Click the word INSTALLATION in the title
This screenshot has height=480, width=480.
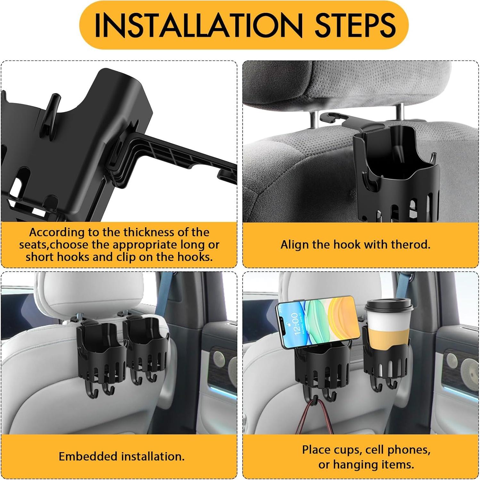[198, 25]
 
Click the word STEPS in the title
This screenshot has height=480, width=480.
[355, 25]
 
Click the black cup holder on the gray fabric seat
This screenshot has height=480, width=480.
[397, 173]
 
